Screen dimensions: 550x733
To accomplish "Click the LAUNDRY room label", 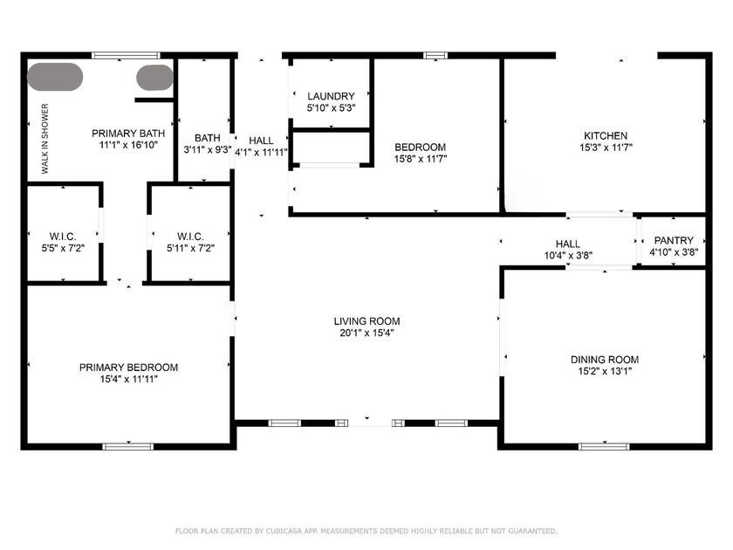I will pyautogui.click(x=331, y=96).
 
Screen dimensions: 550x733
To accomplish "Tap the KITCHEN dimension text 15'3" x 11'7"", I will pyautogui.click(x=605, y=148).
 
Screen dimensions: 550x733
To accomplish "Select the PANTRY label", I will pyautogui.click(x=674, y=241).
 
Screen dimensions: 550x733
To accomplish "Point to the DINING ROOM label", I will pyautogui.click(x=604, y=360).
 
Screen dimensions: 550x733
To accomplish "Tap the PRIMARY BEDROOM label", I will pyautogui.click(x=128, y=368).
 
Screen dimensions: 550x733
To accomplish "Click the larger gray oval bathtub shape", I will pyautogui.click(x=55, y=76).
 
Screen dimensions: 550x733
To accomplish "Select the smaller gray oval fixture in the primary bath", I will pyautogui.click(x=154, y=77).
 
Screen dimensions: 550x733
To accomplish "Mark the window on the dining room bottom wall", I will pyautogui.click(x=604, y=447).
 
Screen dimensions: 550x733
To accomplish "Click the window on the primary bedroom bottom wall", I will pyautogui.click(x=128, y=447).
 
